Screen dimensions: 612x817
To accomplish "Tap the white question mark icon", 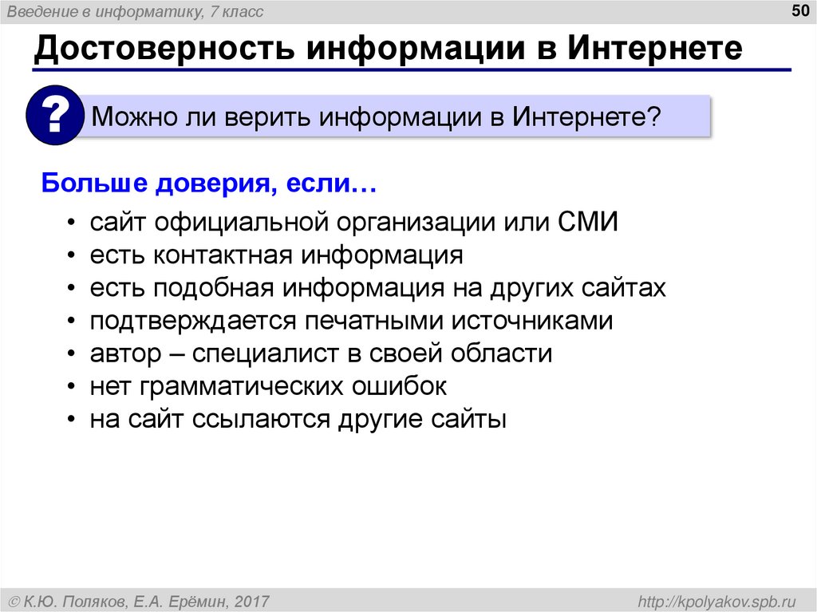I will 55,117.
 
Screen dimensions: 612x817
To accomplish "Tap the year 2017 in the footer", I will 252,600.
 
